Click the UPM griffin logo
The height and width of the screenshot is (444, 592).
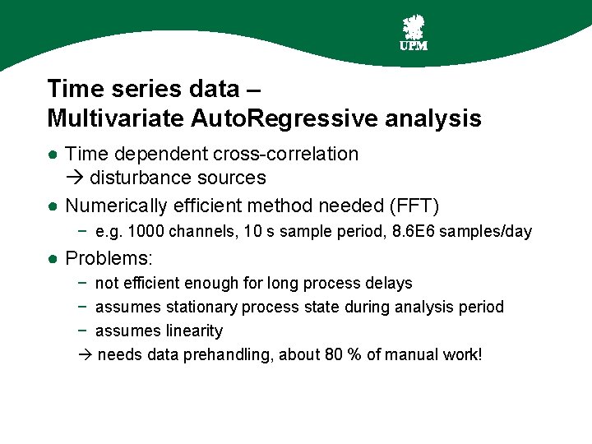(x=413, y=32)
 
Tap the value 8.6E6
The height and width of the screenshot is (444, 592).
(x=414, y=232)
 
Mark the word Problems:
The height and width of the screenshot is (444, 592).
(x=109, y=258)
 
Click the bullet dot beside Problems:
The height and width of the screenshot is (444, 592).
(x=52, y=259)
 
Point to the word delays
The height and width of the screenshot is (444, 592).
(x=390, y=283)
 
